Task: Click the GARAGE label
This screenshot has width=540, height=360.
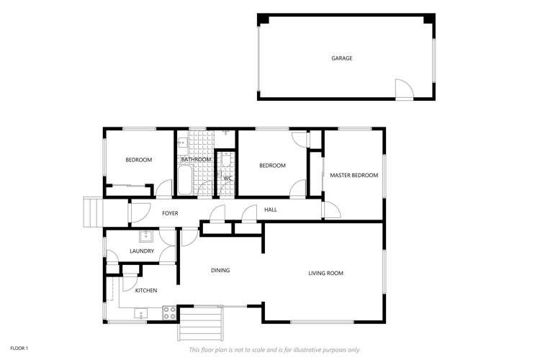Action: (x=341, y=58)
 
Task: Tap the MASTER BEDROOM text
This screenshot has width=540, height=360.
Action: (x=354, y=175)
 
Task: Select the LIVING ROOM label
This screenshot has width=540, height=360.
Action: (x=325, y=273)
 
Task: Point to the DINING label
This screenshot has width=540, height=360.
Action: (x=220, y=271)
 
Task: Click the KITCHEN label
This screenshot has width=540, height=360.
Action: (x=146, y=290)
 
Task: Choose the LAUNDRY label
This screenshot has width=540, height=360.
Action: (x=142, y=251)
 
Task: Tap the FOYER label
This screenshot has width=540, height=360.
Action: (x=170, y=213)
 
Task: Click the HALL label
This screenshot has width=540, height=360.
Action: (x=271, y=210)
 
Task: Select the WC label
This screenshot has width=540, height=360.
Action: (x=227, y=178)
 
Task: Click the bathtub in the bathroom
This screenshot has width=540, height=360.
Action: (x=184, y=180)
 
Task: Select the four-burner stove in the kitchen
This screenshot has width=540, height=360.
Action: (x=170, y=312)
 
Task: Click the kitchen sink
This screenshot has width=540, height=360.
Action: (x=140, y=312)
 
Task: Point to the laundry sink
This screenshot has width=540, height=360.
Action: (x=145, y=235)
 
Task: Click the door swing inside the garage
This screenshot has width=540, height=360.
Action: (x=405, y=89)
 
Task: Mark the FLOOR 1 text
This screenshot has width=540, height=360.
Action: (x=18, y=348)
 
